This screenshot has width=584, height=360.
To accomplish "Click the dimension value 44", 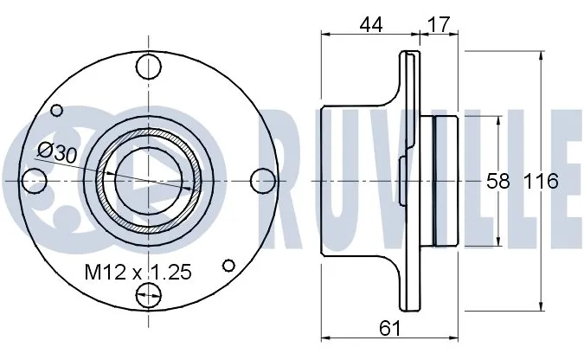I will (371, 25).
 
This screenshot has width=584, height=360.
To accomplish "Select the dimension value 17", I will (439, 25).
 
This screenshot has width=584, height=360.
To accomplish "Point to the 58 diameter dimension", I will (497, 182).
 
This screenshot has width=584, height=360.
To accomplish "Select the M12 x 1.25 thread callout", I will (138, 273).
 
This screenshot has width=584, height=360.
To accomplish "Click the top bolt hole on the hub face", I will (150, 66).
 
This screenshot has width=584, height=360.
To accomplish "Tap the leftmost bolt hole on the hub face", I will (34, 180).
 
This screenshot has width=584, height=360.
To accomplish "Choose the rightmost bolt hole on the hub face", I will (264, 180).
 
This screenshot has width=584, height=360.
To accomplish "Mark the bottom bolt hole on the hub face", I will (150, 295).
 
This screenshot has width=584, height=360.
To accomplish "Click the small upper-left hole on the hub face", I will (58, 110).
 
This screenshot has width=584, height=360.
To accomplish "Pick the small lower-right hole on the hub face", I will (229, 266).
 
